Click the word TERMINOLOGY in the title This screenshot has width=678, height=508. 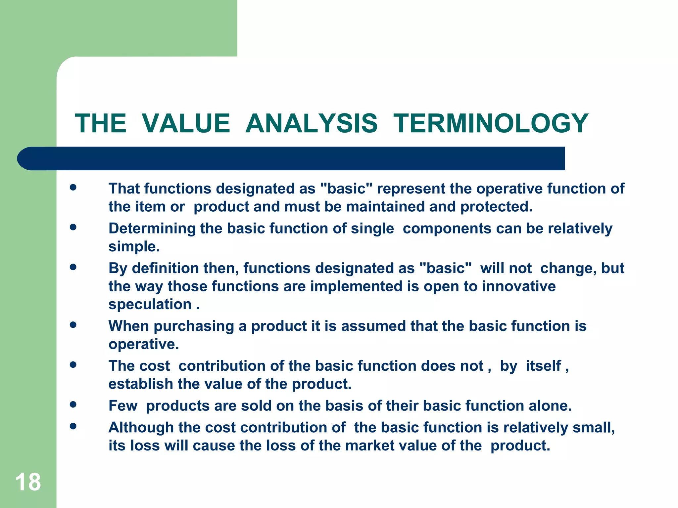pyautogui.click(x=491, y=123)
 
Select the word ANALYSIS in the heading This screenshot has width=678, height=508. pyautogui.click(x=311, y=123)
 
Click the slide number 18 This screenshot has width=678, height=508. pyautogui.click(x=28, y=482)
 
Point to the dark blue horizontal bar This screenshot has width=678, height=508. pyautogui.click(x=291, y=158)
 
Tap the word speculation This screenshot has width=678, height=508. pyautogui.click(x=150, y=304)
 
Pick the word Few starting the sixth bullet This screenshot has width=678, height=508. pyautogui.click(x=123, y=406)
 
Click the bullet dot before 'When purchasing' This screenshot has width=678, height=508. pyautogui.click(x=73, y=325)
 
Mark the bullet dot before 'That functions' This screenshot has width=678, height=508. pyautogui.click(x=73, y=188)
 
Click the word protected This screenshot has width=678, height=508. pyautogui.click(x=496, y=207)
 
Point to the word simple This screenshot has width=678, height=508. pyautogui.click(x=134, y=247)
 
